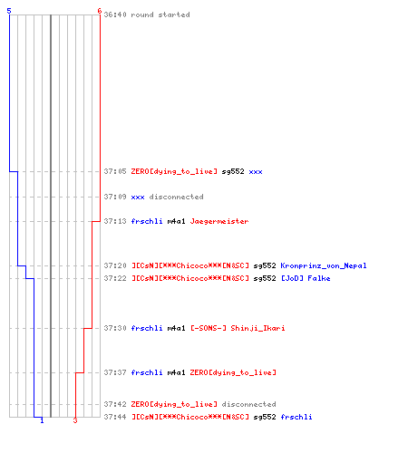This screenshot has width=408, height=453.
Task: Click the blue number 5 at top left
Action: pyautogui.click(x=9, y=11)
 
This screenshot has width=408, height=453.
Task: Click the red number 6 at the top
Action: pyautogui.click(x=100, y=11)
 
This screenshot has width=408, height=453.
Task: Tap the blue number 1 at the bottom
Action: pyautogui.click(x=42, y=420)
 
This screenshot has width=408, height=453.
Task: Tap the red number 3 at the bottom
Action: pyautogui.click(x=75, y=420)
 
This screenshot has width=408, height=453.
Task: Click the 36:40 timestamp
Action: pyautogui.click(x=115, y=14)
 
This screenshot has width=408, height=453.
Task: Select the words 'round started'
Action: pyautogui.click(x=160, y=14)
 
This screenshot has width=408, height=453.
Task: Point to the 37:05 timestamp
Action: pyautogui.click(x=115, y=171)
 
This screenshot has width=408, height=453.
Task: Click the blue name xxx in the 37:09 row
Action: pyautogui.click(x=138, y=197)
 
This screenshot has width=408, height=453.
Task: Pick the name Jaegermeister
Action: pyautogui.click(x=219, y=221)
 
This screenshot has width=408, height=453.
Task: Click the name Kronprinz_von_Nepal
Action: pyautogui.click(x=324, y=265)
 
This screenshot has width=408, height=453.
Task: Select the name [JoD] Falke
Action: pyautogui.click(x=306, y=278)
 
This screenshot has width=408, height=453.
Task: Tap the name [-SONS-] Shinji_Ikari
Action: pyautogui.click(x=238, y=328)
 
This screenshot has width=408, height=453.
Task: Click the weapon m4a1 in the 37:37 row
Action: pyautogui.click(x=176, y=372)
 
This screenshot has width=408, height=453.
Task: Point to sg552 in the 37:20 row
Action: pyautogui.click(x=265, y=265)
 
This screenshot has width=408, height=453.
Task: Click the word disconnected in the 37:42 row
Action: pyautogui.click(x=249, y=404)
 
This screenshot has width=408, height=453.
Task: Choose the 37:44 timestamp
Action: pyautogui.click(x=115, y=417)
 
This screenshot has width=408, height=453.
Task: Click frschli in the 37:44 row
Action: pyautogui.click(x=296, y=417)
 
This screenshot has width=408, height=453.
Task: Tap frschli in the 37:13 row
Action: pyautogui.click(x=147, y=221)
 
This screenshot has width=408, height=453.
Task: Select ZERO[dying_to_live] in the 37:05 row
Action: pyautogui.click(x=174, y=171)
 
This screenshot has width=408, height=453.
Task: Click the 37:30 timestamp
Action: pyautogui.click(x=115, y=328)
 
